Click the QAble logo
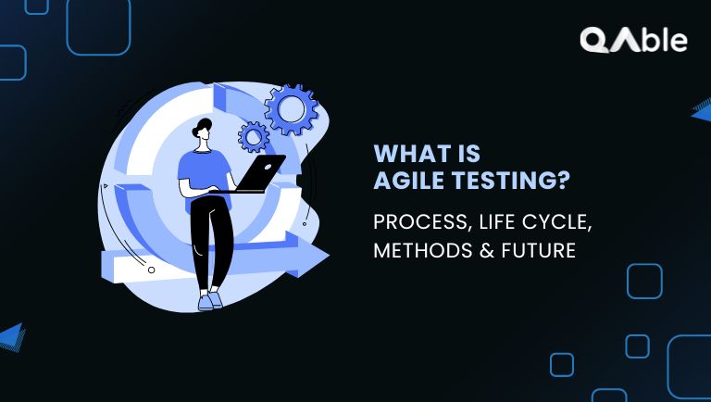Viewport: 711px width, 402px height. click(633, 40)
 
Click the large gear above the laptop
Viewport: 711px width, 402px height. click(291, 110)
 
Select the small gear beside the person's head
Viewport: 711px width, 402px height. click(254, 137)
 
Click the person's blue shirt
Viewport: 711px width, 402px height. click(201, 172)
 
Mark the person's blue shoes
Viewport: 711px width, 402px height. click(210, 300)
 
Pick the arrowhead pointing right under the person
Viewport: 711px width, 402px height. click(310, 258)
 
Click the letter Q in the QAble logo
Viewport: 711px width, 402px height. click(594, 40)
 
